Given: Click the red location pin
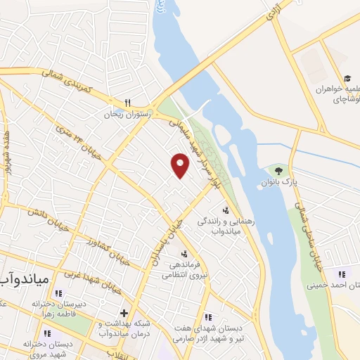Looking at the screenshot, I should (x=181, y=165).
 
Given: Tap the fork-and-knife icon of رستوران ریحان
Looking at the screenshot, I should (x=127, y=102).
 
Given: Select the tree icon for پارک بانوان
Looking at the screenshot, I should (x=278, y=170).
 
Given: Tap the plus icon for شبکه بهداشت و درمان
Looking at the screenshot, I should (x=124, y=313).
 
